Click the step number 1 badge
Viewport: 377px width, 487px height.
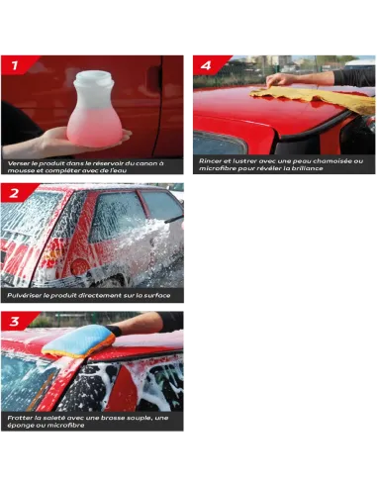point(15,65)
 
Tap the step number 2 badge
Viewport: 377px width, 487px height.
point(14,193)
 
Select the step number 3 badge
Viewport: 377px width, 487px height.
point(14,321)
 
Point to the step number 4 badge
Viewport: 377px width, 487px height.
point(206,65)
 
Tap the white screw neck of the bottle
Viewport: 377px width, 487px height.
point(94,78)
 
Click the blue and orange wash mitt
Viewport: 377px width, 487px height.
point(78,341)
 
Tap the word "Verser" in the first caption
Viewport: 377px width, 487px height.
point(17,163)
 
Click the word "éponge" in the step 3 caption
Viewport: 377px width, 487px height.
point(19,426)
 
